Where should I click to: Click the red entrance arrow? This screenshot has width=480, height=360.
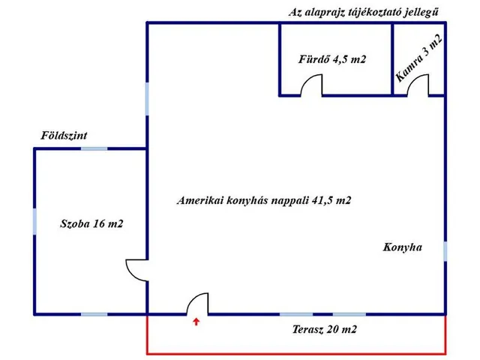tap(196, 323)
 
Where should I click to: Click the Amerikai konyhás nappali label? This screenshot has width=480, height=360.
tap(265, 201)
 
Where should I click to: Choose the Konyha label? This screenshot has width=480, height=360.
tap(403, 246)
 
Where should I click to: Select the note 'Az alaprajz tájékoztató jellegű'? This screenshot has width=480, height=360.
tap(364, 12)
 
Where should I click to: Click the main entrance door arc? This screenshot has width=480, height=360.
tap(196, 303)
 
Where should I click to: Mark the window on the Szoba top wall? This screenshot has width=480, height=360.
tap(94, 148)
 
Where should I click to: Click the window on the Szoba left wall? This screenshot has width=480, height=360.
tap(34, 222)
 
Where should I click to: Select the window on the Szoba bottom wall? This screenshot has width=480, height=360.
tap(94, 314)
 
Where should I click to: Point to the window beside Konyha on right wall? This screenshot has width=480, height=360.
tap(445, 250)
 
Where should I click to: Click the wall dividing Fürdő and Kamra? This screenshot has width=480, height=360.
tap(392, 58)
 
